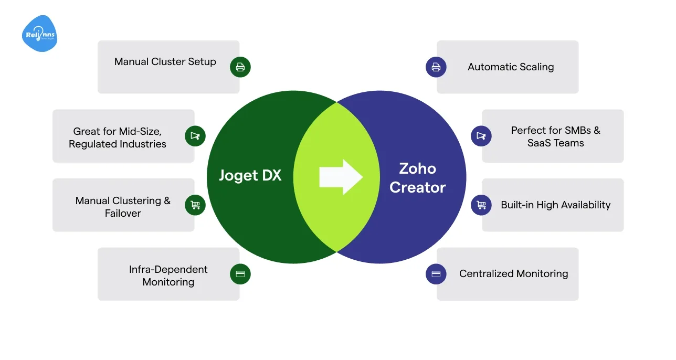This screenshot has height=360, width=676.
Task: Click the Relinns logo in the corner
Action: [x=39, y=34]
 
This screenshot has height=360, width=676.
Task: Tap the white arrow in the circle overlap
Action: [x=341, y=177]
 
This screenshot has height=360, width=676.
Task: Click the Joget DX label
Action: [x=250, y=175]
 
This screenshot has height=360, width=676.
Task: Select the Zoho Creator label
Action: [x=418, y=178]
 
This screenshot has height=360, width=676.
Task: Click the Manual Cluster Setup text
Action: [x=165, y=62]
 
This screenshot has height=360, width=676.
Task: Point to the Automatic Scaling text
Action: [x=511, y=67]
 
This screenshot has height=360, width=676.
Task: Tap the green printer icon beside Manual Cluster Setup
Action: [x=240, y=67]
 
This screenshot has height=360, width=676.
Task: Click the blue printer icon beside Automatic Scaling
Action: [x=436, y=67]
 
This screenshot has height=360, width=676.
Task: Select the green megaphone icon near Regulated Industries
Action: [x=195, y=136]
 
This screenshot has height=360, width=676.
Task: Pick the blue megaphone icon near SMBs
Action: [x=481, y=136]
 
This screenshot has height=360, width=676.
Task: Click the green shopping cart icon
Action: [x=195, y=205]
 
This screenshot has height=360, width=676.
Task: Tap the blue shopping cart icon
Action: [x=481, y=205]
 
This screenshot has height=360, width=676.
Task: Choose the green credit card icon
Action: [x=240, y=273]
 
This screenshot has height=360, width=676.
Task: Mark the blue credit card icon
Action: [x=436, y=273]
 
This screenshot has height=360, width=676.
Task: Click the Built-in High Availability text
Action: [x=555, y=205]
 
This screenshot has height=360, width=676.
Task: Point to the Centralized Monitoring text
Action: [x=513, y=273]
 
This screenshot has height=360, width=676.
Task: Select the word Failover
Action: [x=123, y=213]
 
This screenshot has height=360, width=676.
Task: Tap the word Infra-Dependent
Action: [x=168, y=269]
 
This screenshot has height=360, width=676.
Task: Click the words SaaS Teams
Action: [x=555, y=143]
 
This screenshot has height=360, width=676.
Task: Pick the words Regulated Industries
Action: [x=118, y=144]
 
